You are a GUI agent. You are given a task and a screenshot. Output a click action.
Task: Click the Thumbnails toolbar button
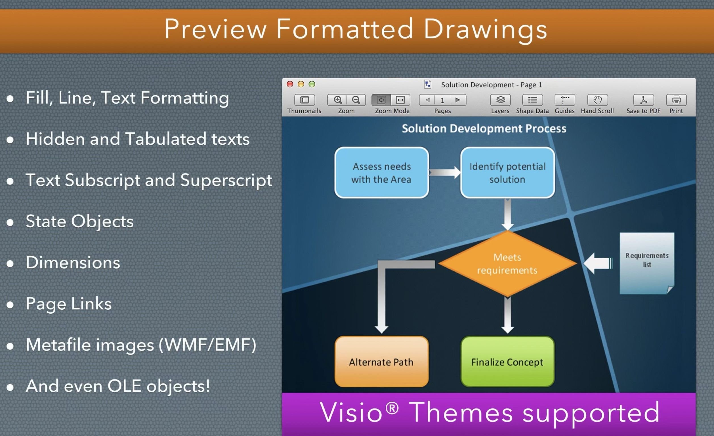[304, 100]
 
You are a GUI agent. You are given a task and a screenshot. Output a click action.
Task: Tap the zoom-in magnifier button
[337, 100]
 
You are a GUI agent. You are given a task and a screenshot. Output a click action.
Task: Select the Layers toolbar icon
[500, 100]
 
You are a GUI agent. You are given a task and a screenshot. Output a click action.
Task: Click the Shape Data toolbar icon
[532, 100]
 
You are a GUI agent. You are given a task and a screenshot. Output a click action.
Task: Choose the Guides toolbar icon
[564, 100]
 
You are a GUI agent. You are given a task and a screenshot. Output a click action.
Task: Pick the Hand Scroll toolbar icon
[597, 100]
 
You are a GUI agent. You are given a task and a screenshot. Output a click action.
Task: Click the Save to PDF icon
[643, 100]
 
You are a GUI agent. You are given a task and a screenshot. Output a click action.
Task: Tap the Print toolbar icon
[676, 100]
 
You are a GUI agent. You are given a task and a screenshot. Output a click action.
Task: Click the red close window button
[290, 84]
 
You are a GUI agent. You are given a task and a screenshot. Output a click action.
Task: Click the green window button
[312, 84]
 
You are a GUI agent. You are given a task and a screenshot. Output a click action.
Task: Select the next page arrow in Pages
[458, 100]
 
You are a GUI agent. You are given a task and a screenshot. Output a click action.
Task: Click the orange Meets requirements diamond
[507, 263]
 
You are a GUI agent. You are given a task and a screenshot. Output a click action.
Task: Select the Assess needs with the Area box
[382, 173]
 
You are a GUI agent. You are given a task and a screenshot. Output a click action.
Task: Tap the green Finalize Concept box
[507, 362]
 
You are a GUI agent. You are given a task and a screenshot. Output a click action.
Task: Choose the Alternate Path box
[382, 362]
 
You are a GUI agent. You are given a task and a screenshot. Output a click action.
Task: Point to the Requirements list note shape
[647, 263]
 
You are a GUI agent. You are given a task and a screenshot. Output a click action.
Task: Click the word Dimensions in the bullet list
[73, 263]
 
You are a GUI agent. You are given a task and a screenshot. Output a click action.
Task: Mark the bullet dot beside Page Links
[10, 305]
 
